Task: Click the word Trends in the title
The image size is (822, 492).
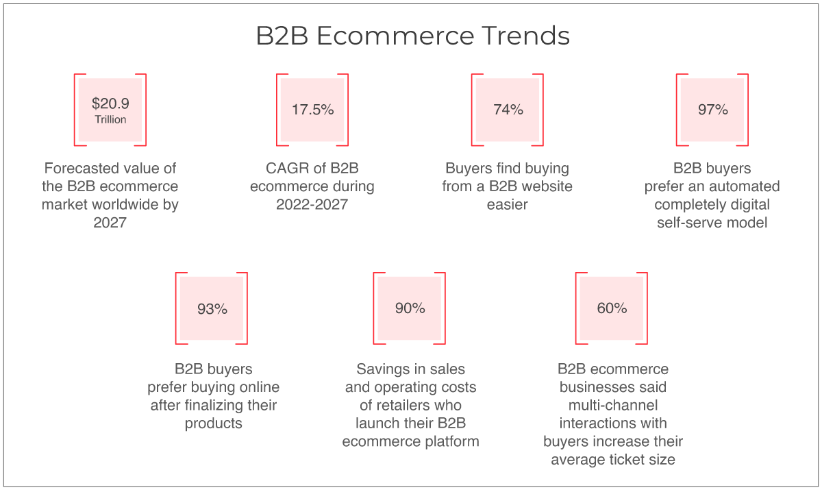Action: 525,36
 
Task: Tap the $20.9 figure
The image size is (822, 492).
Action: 110,103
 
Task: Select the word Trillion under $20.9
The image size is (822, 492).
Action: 110,119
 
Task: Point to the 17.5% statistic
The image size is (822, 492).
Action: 312,110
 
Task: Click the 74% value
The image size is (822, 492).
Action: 508,110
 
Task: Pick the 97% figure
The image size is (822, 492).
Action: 712,110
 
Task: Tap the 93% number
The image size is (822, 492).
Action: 212,309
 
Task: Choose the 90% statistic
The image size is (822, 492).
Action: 410,308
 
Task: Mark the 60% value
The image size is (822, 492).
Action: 612,308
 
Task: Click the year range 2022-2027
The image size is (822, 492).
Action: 312,204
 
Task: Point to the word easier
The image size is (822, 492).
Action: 507,204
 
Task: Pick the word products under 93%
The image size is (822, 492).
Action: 213,423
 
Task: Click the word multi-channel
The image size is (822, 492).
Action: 613,406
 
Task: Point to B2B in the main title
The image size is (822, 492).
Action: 282,36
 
